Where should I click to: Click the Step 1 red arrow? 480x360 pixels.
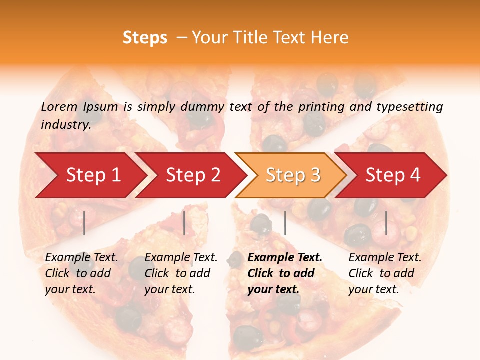coord(92,175)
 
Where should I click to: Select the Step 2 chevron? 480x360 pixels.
coord(192,175)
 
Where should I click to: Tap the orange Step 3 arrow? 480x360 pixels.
coord(292,175)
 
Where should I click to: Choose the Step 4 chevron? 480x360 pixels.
coord(392,175)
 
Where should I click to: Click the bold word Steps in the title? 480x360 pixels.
coord(145,38)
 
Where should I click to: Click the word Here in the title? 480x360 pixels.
coord(330,38)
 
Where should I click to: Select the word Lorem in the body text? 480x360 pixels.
coord(59,106)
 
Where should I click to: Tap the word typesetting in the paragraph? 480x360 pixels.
coord(409,106)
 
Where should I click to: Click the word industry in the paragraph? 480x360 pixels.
coord(65,125)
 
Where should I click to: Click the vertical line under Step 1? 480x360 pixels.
coord(84,223)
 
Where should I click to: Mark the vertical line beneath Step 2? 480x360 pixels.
coord(184,223)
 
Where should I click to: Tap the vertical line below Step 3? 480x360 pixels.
coord(285,223)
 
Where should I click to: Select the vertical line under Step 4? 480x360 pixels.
coord(386,223)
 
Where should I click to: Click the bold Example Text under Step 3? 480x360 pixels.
coord(285,258)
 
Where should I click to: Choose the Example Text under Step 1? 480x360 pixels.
coord(81,258)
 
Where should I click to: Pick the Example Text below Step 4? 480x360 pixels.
coord(385,258)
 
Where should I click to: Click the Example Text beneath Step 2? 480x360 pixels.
coord(181,258)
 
